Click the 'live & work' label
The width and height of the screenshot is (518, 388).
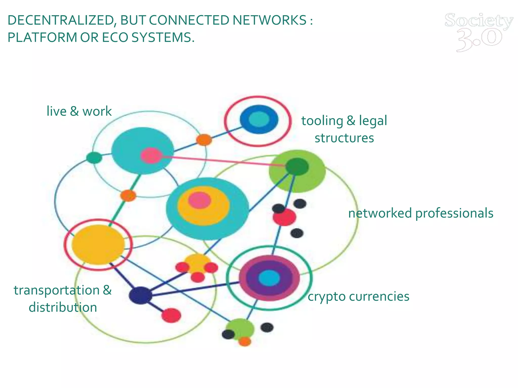79,111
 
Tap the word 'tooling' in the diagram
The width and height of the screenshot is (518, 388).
322,121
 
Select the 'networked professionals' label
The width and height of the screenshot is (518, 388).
421,213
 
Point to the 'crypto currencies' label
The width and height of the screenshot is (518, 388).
358,296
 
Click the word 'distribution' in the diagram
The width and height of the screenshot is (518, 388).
63,307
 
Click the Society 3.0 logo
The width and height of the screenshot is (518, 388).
479,32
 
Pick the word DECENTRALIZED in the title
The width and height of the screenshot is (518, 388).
60,20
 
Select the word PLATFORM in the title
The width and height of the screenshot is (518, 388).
42,38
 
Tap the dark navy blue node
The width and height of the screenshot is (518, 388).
141,295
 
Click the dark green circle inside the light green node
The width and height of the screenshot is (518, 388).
297,167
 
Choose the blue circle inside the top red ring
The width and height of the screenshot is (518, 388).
259,119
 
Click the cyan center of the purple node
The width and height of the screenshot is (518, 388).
269,278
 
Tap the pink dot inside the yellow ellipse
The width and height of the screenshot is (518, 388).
199,201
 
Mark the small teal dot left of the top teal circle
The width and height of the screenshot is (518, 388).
94,158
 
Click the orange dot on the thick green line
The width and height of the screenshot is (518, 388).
128,196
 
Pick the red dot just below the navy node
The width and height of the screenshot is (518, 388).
171,316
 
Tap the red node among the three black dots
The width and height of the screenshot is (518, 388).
284,217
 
